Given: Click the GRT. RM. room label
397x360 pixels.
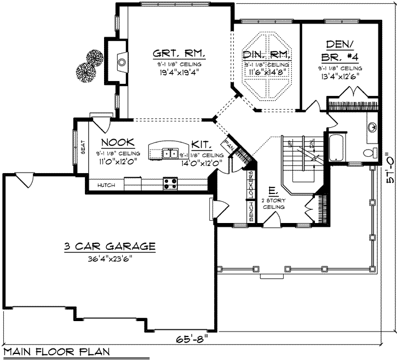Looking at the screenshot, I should coord(171,53).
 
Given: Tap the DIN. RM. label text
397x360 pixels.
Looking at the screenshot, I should coord(266,54).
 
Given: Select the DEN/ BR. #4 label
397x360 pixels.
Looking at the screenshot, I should coord(340,50).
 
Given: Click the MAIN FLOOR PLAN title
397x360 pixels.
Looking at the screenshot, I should coord(55,351).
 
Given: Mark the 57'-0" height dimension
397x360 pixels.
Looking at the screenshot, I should coord(388,170).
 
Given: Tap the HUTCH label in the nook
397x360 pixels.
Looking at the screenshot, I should coord(106,186).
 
